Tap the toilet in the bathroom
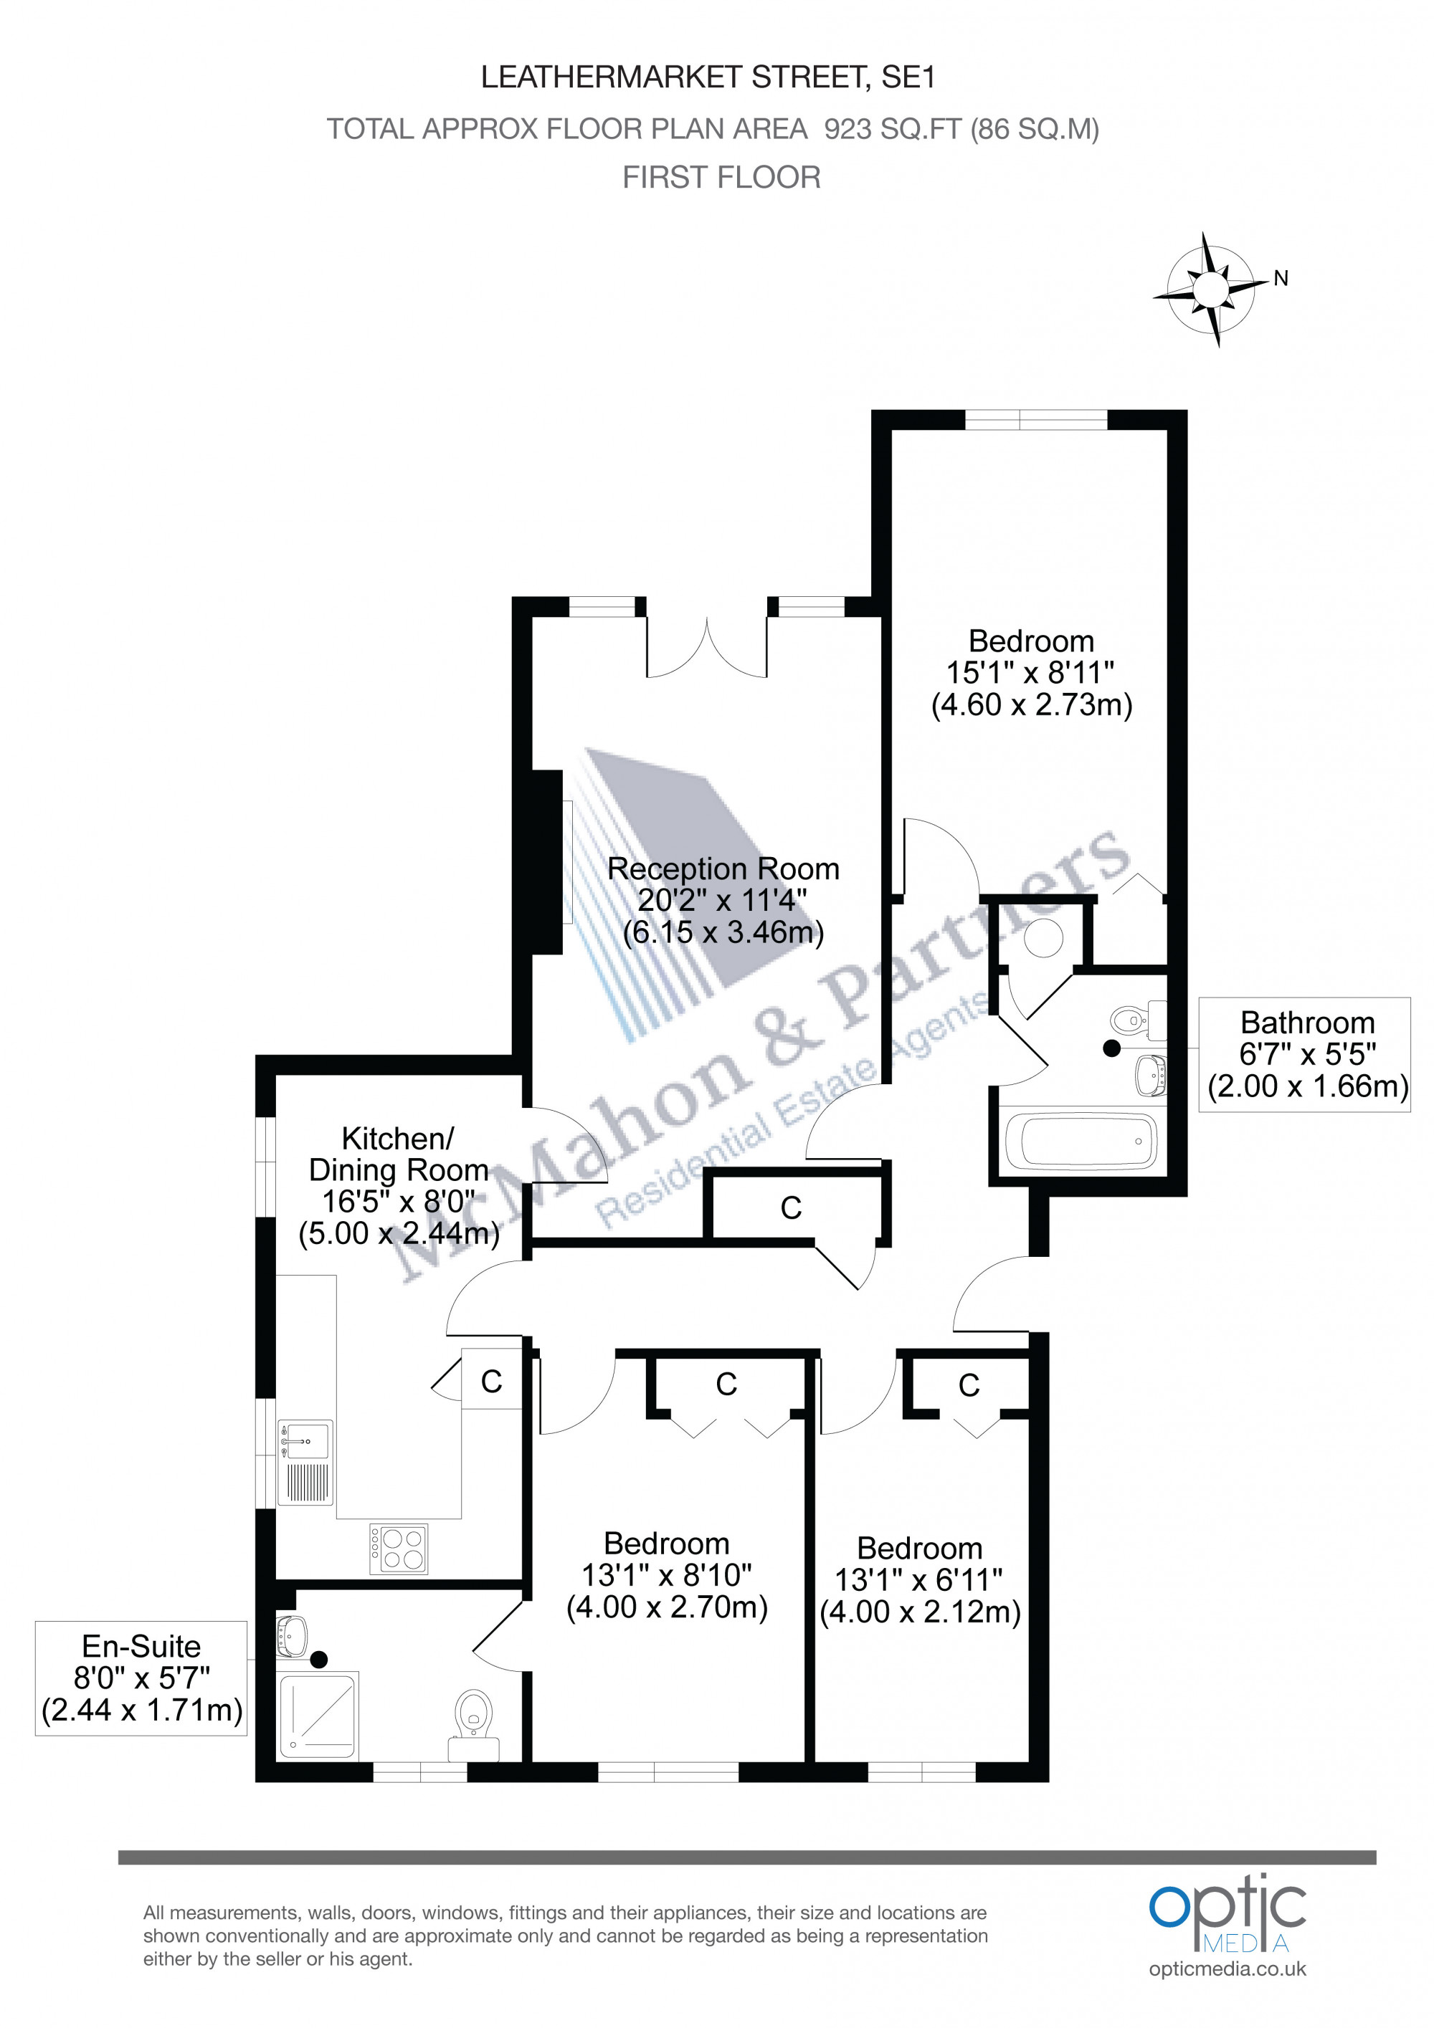pyautogui.click(x=1138, y=1020)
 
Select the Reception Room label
pyautogui.click(x=723, y=869)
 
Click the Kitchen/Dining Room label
pyautogui.click(x=399, y=1154)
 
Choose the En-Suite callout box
pyautogui.click(x=141, y=1678)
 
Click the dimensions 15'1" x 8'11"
pyautogui.click(x=1030, y=673)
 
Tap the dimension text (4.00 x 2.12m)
pyautogui.click(x=920, y=1612)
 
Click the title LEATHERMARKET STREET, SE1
pyautogui.click(x=708, y=77)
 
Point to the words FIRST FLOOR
pyautogui.click(x=721, y=178)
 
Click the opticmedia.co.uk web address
pyautogui.click(x=1228, y=1969)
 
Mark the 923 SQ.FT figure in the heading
pyautogui.click(x=893, y=129)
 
